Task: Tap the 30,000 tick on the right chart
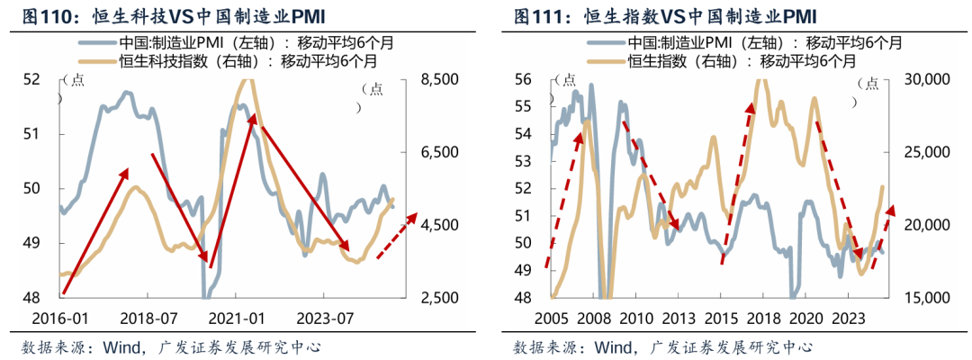[x=926, y=79]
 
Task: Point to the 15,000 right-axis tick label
[x=926, y=298]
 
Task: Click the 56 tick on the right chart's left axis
[x=522, y=79]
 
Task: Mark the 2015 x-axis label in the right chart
[x=720, y=318]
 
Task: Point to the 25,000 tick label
[x=926, y=152]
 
